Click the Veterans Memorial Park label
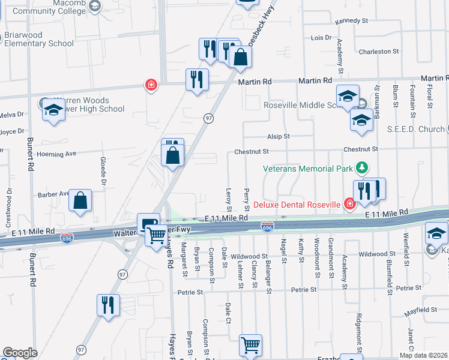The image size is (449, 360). coord(308,169)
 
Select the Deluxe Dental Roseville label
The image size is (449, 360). coord(297,205)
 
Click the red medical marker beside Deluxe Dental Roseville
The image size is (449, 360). coord(349,204)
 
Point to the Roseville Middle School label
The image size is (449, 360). coord(300,104)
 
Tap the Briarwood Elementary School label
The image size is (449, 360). coord(40,39)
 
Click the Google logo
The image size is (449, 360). coord(20,353)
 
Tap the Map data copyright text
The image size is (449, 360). coord(424,355)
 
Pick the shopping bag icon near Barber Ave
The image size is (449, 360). coord(80,200)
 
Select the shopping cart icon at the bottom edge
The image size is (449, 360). coord(250,345)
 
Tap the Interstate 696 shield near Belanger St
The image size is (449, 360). coord(268,227)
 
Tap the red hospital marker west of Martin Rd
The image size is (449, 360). coord(151,85)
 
